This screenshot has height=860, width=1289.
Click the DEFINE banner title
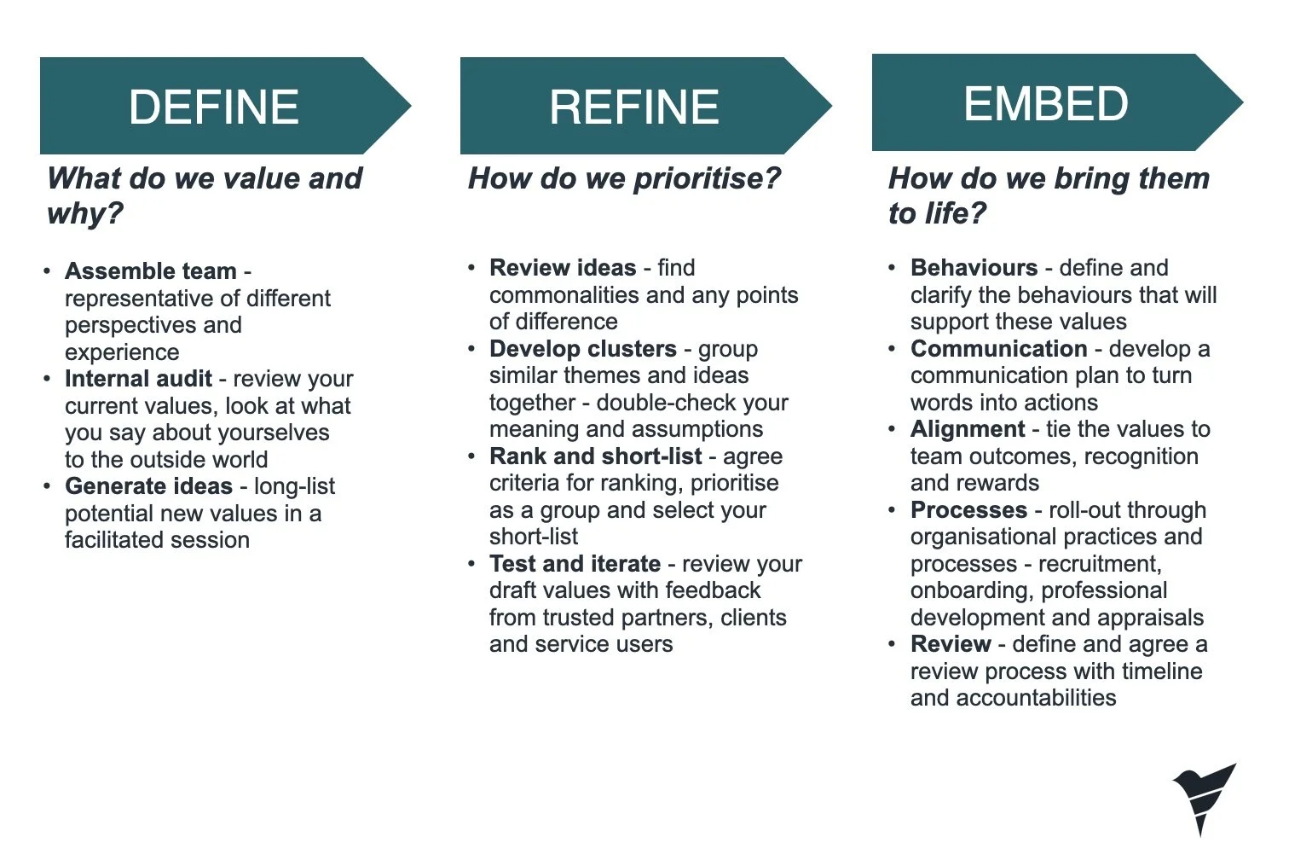pyautogui.click(x=213, y=107)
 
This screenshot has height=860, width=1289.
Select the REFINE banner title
pyautogui.click(x=633, y=107)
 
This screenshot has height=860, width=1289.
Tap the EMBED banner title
pyautogui.click(x=1045, y=104)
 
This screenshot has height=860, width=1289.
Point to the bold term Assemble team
pyautogui.click(x=150, y=271)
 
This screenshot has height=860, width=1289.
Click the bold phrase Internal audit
pyautogui.click(x=138, y=379)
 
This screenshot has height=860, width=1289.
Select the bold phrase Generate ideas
pyautogui.click(x=148, y=486)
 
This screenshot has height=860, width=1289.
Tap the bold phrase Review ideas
pyautogui.click(x=563, y=268)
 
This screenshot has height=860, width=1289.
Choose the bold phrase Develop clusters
pyautogui.click(x=582, y=349)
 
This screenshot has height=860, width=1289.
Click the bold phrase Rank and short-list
pyautogui.click(x=595, y=456)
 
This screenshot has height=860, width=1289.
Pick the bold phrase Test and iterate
pyautogui.click(x=575, y=564)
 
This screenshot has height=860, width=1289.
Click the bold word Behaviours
pyautogui.click(x=974, y=268)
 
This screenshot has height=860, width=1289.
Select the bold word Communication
pyautogui.click(x=998, y=349)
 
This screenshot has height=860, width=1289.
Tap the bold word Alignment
pyautogui.click(x=968, y=429)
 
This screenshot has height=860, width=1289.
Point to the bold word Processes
pyautogui.click(x=968, y=510)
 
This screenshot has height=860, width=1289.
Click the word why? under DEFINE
pyautogui.click(x=85, y=212)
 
